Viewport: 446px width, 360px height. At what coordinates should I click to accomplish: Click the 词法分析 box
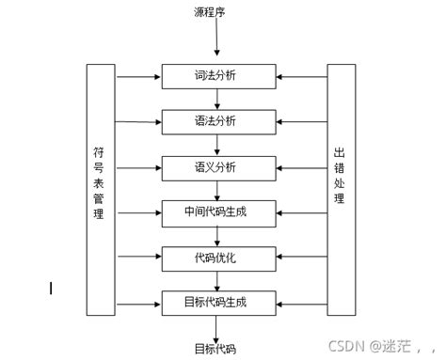point(217,76)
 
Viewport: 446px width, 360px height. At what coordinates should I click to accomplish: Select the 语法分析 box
point(217,121)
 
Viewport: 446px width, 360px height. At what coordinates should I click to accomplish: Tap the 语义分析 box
point(217,167)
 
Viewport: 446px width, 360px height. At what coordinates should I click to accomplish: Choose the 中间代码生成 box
point(217,211)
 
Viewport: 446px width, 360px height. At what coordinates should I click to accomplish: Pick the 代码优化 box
point(217,257)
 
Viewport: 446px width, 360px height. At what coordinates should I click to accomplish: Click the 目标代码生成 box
point(217,303)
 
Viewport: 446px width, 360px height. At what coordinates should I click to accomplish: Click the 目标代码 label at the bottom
point(216,349)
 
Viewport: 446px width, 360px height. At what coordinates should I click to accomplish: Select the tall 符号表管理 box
point(101,188)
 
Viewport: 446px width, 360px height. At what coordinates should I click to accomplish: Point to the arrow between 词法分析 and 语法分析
point(217,99)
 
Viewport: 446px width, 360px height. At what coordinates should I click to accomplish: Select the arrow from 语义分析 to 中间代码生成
point(217,189)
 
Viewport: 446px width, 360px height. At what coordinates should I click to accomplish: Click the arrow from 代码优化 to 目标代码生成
point(217,280)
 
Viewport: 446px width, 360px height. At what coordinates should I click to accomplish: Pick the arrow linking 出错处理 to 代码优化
point(301,257)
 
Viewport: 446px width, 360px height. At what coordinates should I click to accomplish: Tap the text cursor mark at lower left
point(51,288)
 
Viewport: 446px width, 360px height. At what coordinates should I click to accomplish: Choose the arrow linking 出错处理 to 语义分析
point(301,167)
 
